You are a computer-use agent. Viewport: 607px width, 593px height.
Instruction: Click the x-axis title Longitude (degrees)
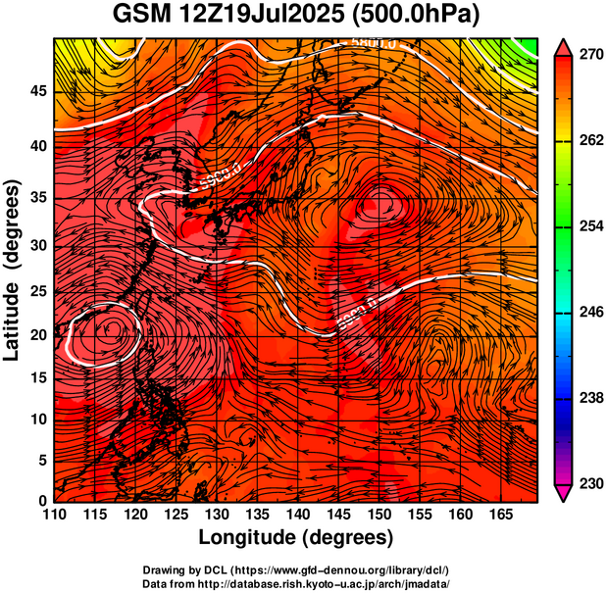tap(296, 537)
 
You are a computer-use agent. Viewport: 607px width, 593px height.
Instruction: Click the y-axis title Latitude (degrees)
tap(14, 271)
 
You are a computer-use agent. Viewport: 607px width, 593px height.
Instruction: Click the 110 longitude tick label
tap(54, 513)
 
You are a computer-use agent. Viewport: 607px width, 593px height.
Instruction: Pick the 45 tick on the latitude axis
tap(38, 91)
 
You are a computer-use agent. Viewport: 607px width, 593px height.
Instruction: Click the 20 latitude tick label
tap(38, 334)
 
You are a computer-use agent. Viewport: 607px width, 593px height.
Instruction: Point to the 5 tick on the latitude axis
tap(42, 460)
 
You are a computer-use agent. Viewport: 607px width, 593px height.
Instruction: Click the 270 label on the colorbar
tap(590, 56)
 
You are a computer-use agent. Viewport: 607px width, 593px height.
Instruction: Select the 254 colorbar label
tap(590, 226)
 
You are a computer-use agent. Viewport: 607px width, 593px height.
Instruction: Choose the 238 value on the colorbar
tap(590, 398)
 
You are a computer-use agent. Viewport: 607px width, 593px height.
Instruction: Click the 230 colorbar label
tap(590, 483)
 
